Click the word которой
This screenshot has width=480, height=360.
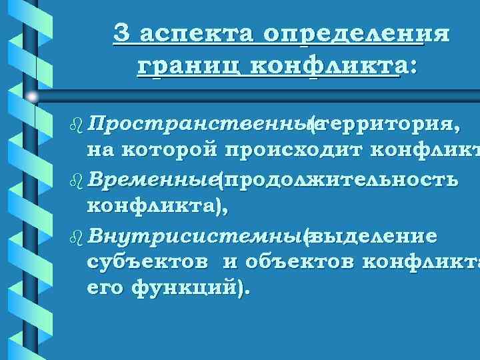(167, 148)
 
